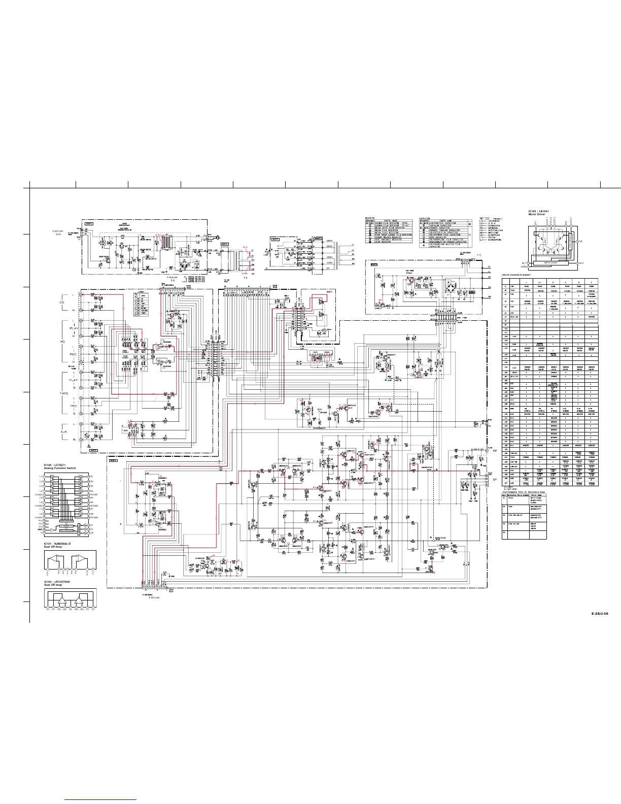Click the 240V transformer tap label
click(x=329, y=240)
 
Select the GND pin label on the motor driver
click(x=524, y=266)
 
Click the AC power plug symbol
click(x=216, y=237)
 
